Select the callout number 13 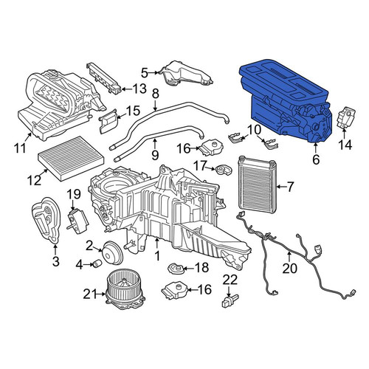click(x=139, y=89)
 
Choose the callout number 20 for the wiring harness click(x=289, y=269)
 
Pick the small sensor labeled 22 click(x=230, y=300)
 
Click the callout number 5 click(x=145, y=73)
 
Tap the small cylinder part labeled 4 click(x=97, y=264)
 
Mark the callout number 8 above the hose click(x=155, y=94)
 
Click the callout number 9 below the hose click(x=155, y=155)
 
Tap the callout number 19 click(x=74, y=194)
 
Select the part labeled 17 click(x=224, y=170)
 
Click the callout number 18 click(x=201, y=268)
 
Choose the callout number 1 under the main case click(x=157, y=255)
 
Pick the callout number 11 click(x=20, y=148)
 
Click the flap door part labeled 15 click(x=108, y=121)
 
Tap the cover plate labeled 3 click(x=46, y=220)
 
